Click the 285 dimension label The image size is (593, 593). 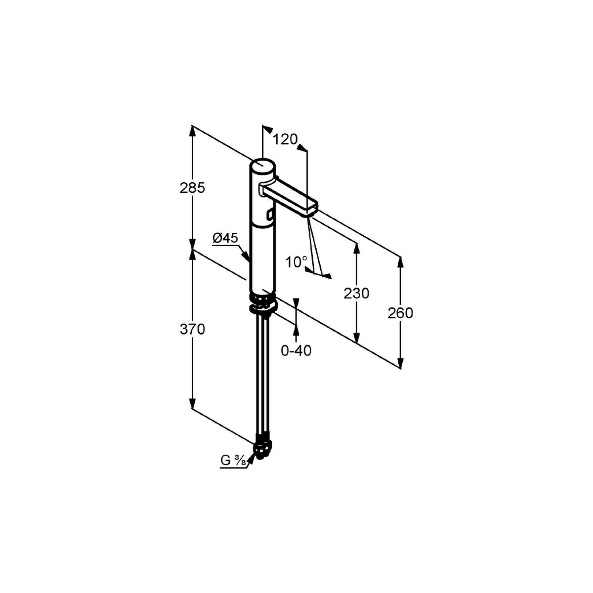coord(192,188)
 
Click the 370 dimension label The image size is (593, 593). coord(192,330)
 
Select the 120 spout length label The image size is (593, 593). coord(285,139)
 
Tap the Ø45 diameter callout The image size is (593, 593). coord(225,238)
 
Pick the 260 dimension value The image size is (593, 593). coord(400,313)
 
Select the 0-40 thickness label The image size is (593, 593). coord(296,351)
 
